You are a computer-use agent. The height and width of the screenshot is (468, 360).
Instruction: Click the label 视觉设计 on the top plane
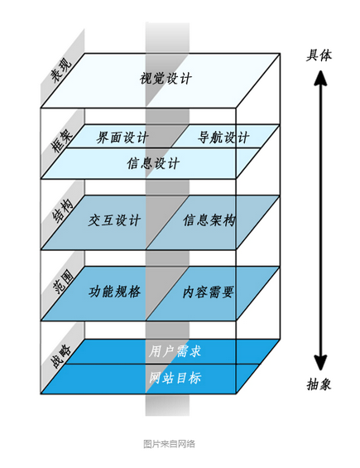click(166, 79)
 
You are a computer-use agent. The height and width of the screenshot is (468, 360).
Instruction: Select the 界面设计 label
click(122, 138)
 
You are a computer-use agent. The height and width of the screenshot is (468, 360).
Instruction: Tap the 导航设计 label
click(223, 138)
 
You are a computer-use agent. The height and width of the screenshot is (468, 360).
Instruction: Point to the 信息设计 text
click(153, 163)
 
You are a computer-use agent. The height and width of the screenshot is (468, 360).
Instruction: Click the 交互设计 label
click(114, 220)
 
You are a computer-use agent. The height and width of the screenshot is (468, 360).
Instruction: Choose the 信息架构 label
click(209, 220)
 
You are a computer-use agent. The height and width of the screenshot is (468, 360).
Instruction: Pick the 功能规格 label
click(115, 292)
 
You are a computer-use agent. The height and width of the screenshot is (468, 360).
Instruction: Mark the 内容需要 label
click(209, 292)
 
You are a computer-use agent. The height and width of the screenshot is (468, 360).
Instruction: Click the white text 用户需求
click(175, 351)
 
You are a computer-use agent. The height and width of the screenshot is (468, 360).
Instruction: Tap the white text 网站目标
click(175, 378)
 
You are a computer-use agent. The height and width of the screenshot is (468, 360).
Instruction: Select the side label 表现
click(61, 70)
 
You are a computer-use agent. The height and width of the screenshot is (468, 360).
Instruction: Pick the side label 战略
click(61, 356)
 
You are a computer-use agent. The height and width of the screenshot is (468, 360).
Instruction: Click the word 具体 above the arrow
click(319, 55)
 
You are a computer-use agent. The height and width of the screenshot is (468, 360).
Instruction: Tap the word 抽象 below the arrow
click(319, 384)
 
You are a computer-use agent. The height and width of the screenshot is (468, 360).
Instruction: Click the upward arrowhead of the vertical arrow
click(320, 78)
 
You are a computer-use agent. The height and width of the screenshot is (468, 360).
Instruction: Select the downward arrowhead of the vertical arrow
click(320, 363)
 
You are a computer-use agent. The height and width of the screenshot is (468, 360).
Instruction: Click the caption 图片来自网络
click(169, 444)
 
